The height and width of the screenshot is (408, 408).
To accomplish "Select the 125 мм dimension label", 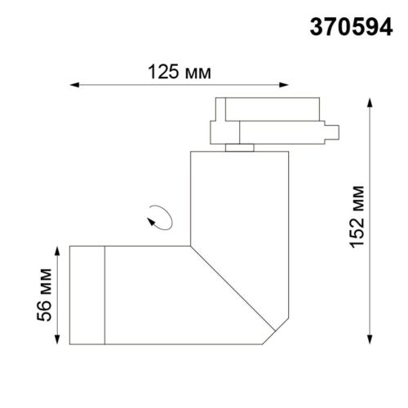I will point(180,72).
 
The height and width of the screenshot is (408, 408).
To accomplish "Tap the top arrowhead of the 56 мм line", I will point(60,247).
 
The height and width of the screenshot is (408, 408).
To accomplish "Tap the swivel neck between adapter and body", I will point(239,147).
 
